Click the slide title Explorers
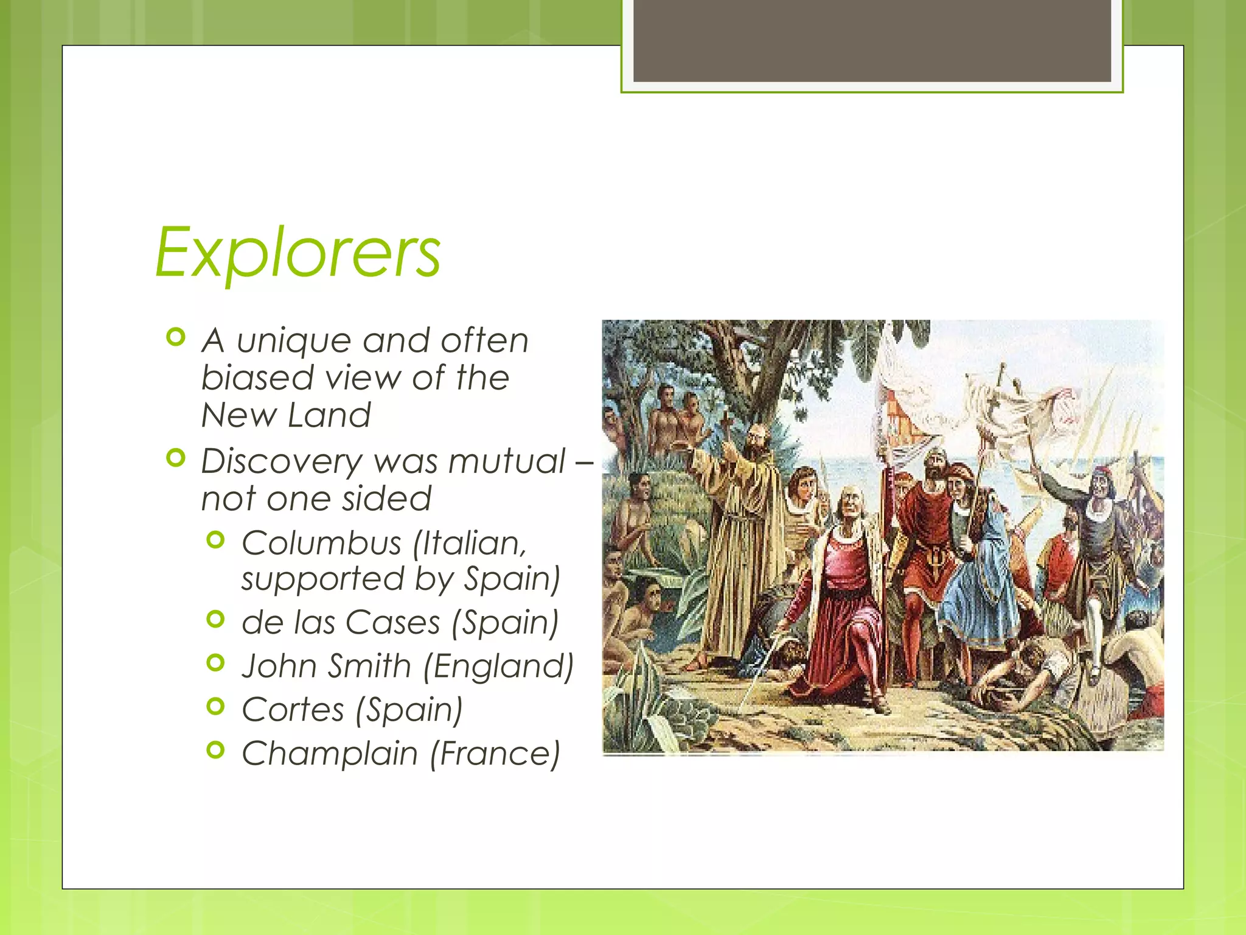(298, 253)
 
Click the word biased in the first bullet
(258, 378)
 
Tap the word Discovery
(281, 461)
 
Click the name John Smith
(327, 665)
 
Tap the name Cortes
(293, 709)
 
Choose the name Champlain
(330, 754)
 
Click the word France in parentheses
(495, 754)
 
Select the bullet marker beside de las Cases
(215, 620)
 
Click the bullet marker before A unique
(175, 337)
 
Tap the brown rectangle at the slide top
(872, 41)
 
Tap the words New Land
(286, 416)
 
